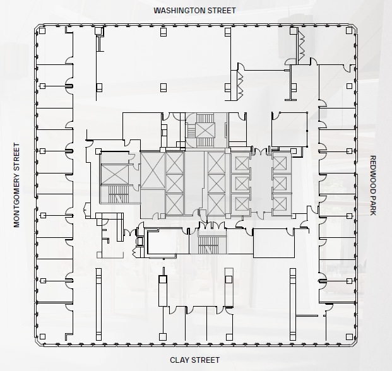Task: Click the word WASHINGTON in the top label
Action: click(x=177, y=11)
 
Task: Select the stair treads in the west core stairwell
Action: click(x=114, y=194)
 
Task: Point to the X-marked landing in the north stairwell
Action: click(x=205, y=130)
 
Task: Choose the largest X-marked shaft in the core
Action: click(x=152, y=170)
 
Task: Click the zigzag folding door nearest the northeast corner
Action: click(x=301, y=44)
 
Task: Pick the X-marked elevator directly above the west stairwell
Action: click(x=114, y=172)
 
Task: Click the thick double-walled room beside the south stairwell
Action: click(x=167, y=243)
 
